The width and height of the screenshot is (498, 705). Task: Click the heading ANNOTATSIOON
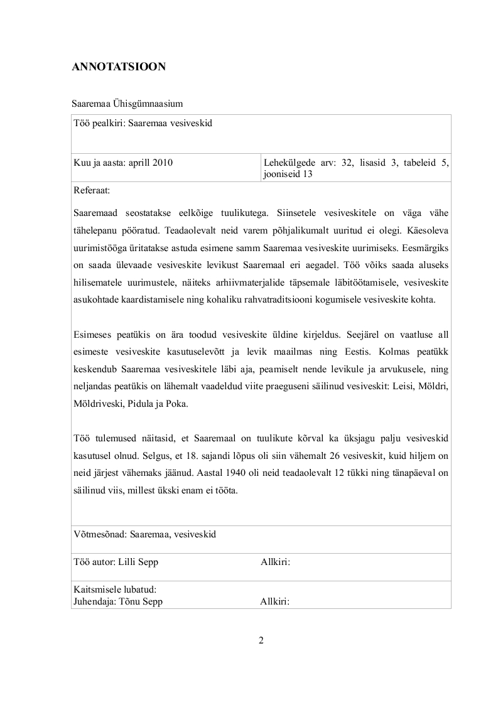click(x=119, y=67)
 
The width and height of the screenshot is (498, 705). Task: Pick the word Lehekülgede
click(x=288, y=163)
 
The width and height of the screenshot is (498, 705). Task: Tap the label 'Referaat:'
click(x=92, y=190)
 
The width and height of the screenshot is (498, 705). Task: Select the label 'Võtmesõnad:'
click(x=99, y=534)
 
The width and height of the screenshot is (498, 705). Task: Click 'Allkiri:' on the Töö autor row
click(x=275, y=562)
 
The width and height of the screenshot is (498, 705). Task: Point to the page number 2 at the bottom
click(x=261, y=641)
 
